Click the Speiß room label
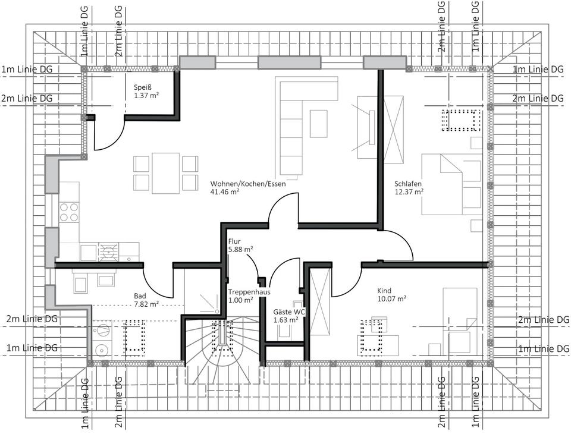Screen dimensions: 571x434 (x=142, y=87)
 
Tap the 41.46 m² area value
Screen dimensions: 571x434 (x=225, y=192)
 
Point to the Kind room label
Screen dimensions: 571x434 (x=384, y=291)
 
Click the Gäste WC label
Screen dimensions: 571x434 (x=290, y=312)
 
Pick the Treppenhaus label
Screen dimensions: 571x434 (x=249, y=292)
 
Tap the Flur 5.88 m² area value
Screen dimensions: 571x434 (x=241, y=250)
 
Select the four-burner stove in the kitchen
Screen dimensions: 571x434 (x=69, y=212)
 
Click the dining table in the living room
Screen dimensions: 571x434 (x=166, y=174)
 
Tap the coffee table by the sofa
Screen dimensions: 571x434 (x=319, y=124)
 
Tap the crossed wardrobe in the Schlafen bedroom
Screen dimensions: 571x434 (x=394, y=130)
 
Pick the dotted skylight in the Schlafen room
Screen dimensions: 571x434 (x=462, y=120)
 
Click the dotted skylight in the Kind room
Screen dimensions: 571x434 (x=371, y=336)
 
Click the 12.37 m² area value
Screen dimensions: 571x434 (x=409, y=192)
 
